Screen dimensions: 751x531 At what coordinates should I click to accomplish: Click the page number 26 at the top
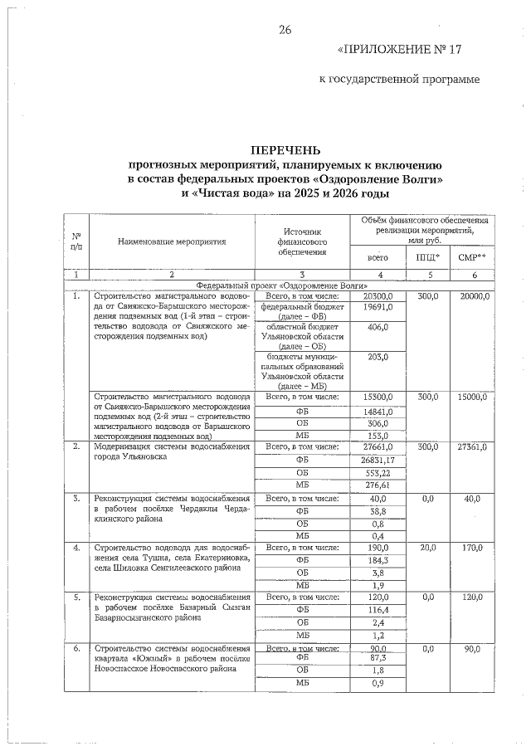(x=285, y=31)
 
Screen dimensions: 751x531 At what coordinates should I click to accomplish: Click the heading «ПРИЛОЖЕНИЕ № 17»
(x=399, y=50)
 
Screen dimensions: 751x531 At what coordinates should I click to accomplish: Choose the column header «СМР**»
(x=471, y=258)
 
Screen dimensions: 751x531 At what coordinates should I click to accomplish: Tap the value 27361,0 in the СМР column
(x=471, y=447)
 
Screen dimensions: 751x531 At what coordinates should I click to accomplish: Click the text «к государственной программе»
(x=399, y=80)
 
